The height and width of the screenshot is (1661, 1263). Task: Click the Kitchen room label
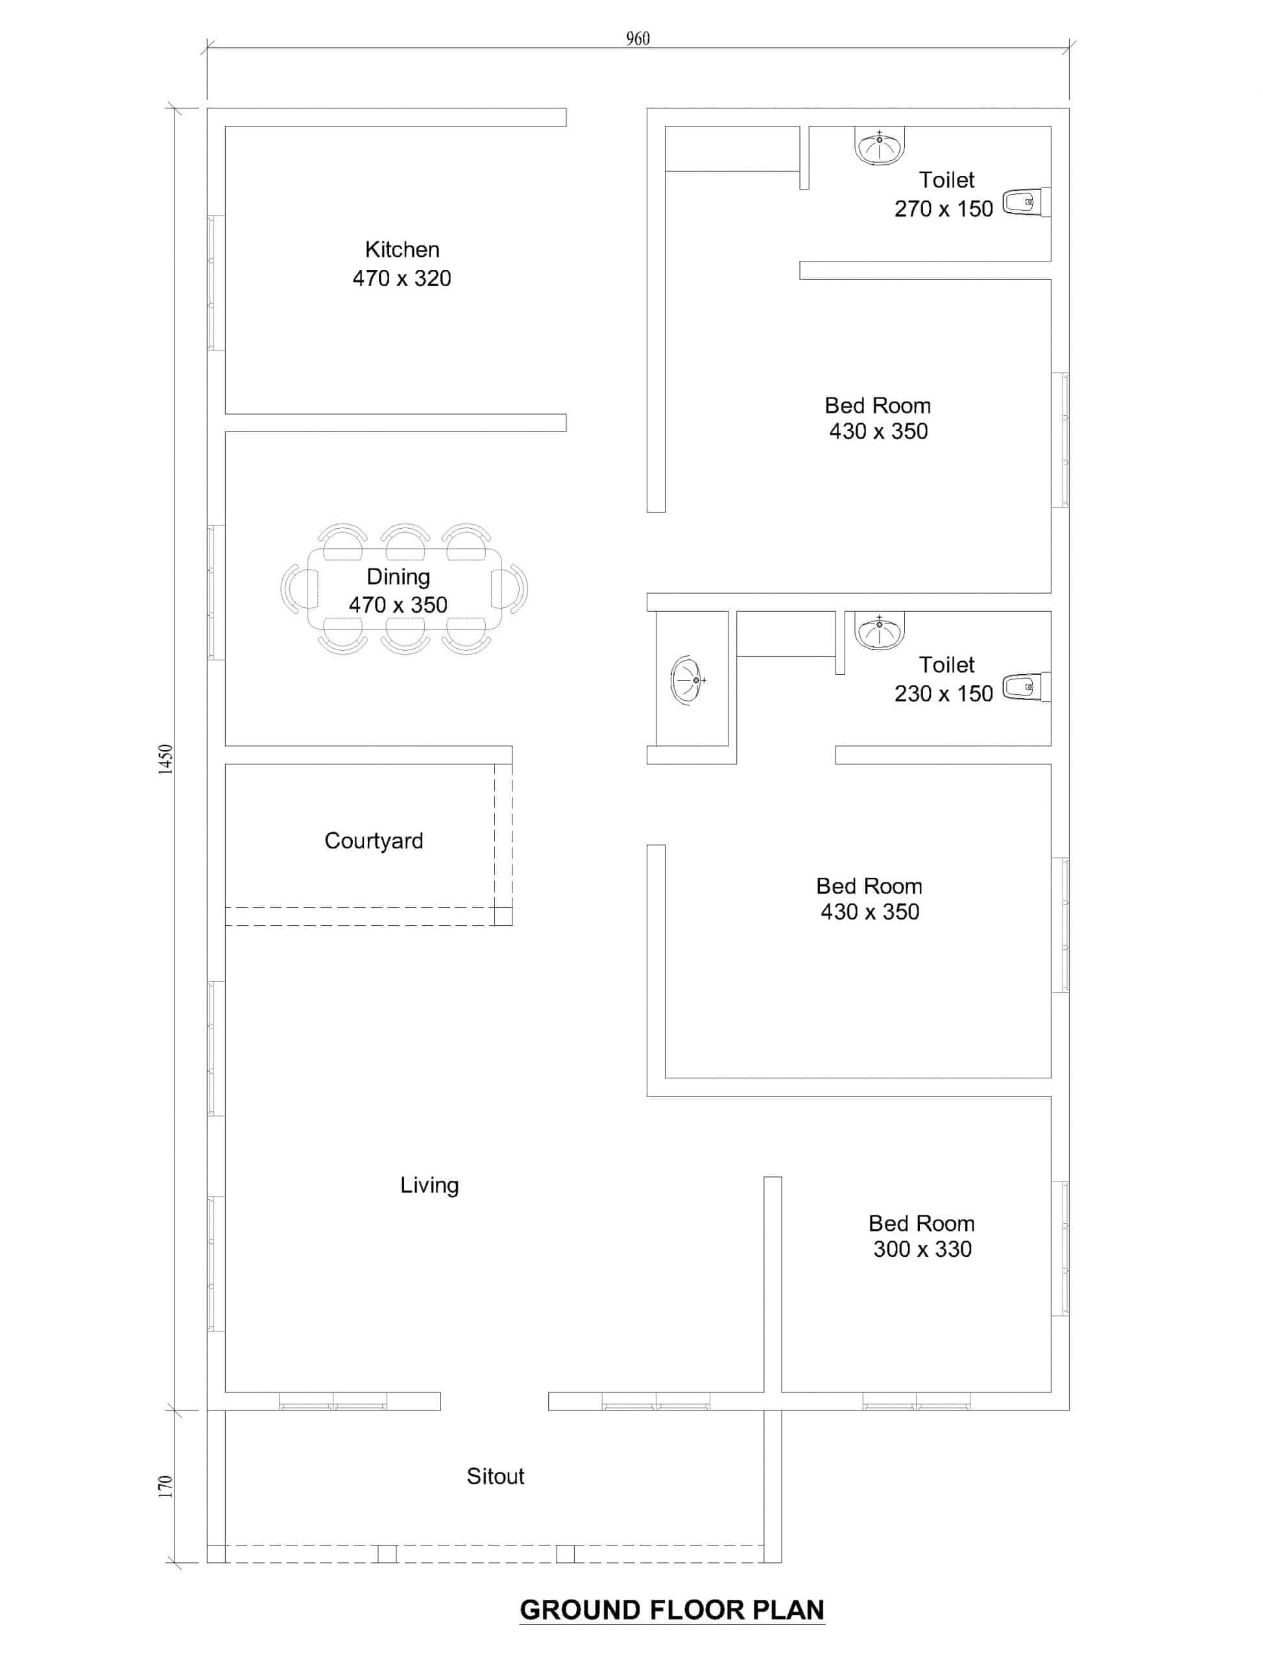(x=402, y=250)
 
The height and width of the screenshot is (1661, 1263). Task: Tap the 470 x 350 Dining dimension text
(x=398, y=605)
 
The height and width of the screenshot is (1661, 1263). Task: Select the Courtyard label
(x=374, y=842)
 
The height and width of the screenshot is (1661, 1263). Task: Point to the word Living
(x=429, y=1186)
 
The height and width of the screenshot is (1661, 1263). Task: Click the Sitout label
(x=496, y=1476)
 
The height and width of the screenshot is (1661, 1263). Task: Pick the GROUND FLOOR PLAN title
(x=672, y=1610)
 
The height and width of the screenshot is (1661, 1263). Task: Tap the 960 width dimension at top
(x=638, y=38)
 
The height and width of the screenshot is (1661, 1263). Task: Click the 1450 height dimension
(x=165, y=758)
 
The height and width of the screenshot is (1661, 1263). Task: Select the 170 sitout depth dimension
(x=165, y=1486)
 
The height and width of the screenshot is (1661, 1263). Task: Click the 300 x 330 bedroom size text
(x=922, y=1249)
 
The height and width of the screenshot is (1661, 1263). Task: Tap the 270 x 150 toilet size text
(x=943, y=209)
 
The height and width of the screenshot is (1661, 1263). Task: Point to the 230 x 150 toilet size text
(x=943, y=694)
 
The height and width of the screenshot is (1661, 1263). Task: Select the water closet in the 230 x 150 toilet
(x=1026, y=687)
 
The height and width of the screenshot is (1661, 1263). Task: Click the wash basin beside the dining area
(x=687, y=681)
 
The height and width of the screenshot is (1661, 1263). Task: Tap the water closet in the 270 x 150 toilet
(x=1026, y=202)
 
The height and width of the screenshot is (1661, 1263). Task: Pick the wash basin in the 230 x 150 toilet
(x=880, y=631)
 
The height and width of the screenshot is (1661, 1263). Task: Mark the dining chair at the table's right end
(x=510, y=588)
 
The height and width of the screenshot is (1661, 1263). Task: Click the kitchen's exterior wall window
(x=216, y=283)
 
